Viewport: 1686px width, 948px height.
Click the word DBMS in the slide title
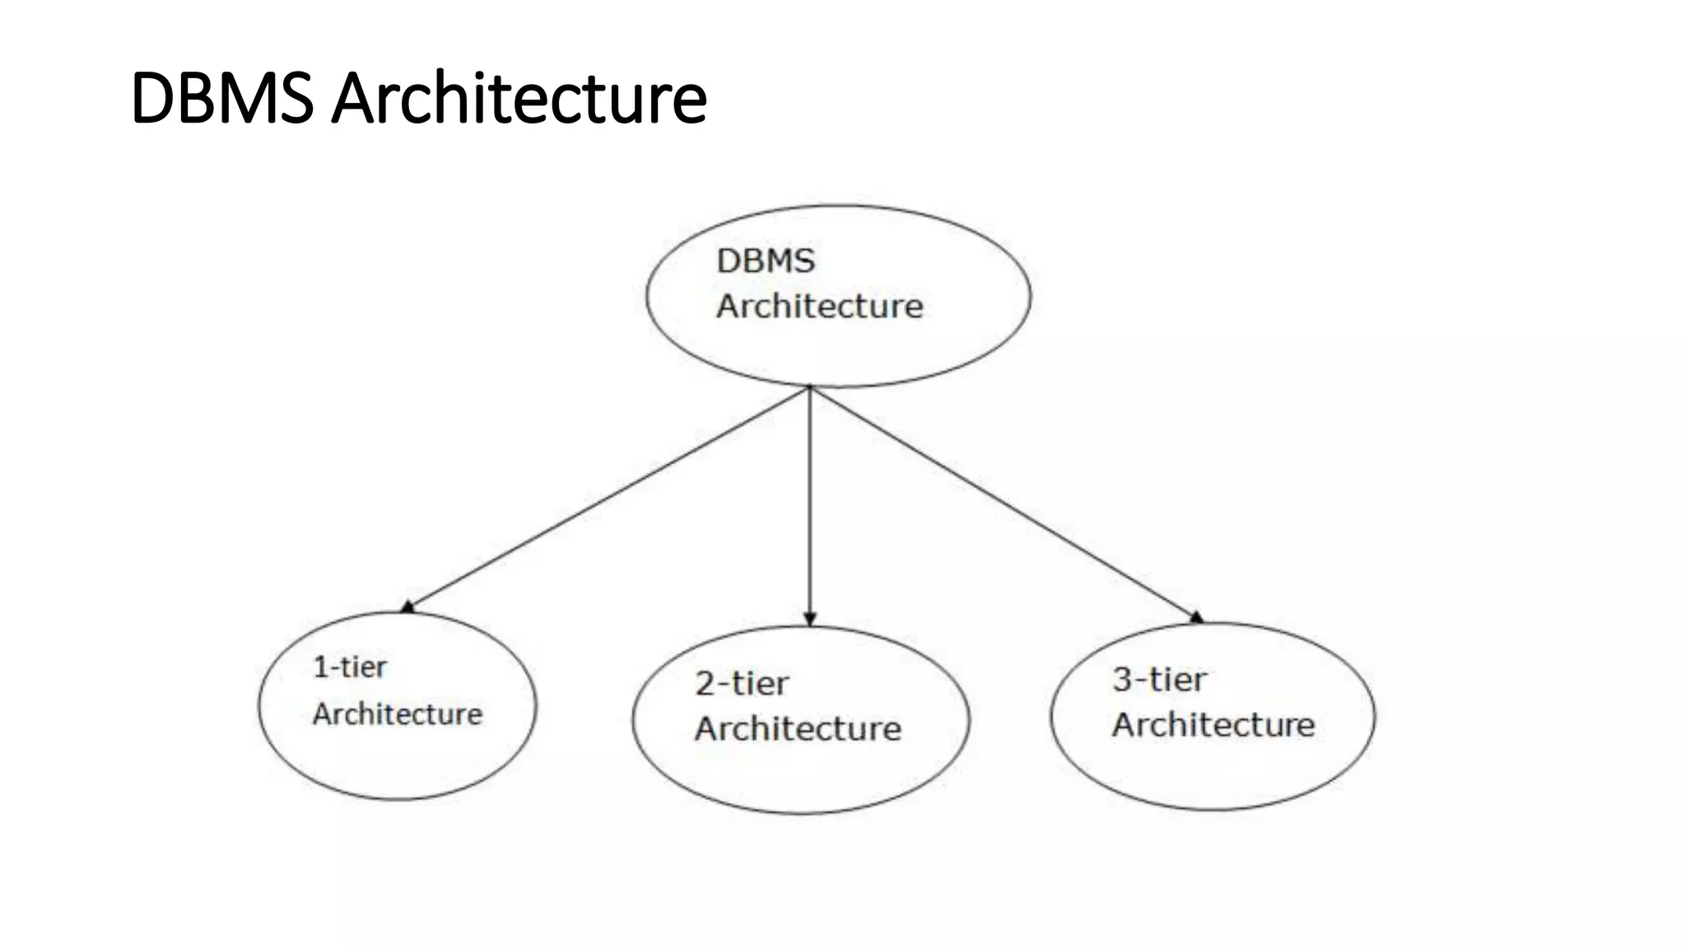coord(221,98)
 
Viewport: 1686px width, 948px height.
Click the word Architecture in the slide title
coord(519,98)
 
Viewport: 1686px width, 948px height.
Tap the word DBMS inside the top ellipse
coord(766,261)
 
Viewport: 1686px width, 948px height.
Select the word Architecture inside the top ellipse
coord(820,306)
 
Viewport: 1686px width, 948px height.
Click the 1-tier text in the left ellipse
coord(350,667)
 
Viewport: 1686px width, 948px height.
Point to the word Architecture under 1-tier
coord(398,713)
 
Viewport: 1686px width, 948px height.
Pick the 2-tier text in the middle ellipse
coord(742,683)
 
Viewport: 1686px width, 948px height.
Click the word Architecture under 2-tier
coord(798,728)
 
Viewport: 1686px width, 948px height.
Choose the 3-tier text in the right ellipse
coord(1159,679)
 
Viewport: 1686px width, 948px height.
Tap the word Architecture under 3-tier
coord(1213,724)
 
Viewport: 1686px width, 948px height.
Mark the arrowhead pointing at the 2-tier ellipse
coord(810,619)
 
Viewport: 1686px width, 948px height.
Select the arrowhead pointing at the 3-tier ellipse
coord(1196,616)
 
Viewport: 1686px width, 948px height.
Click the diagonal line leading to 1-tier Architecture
coord(609,497)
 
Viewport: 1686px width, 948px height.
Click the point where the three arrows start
coord(810,388)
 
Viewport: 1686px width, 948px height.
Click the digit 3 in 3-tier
coord(1122,679)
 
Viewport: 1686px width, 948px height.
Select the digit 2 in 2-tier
coord(705,683)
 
